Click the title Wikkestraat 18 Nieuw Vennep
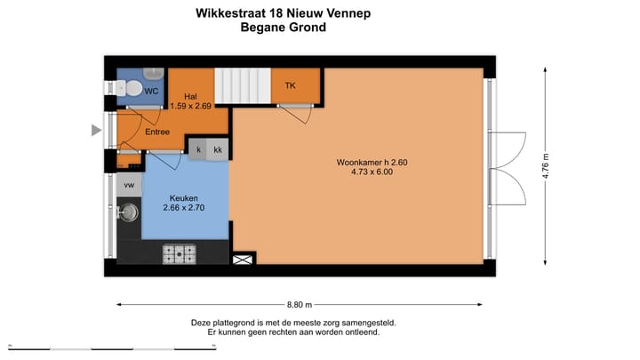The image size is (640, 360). click(x=284, y=13)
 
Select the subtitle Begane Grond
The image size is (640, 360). click(x=284, y=28)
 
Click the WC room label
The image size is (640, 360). click(x=152, y=91)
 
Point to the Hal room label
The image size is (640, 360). click(x=190, y=96)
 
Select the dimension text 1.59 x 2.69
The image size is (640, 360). click(x=190, y=107)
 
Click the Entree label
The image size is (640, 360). click(x=158, y=132)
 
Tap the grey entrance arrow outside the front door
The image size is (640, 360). click(x=97, y=131)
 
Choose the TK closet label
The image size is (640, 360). click(x=291, y=85)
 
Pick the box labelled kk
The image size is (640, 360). click(x=218, y=149)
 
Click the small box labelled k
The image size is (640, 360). click(x=198, y=149)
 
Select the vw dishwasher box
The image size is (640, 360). click(x=129, y=185)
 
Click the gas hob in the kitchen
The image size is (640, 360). click(x=180, y=254)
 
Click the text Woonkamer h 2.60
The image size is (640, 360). click(x=372, y=163)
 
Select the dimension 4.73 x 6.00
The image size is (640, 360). click(x=372, y=173)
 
